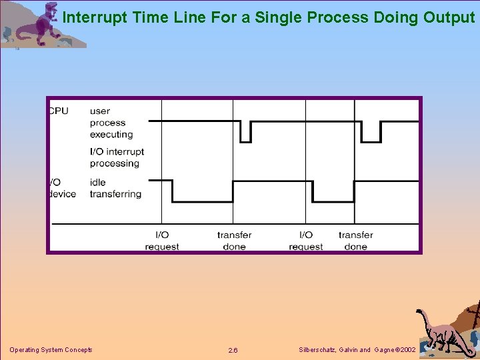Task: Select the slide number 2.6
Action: coord(233,351)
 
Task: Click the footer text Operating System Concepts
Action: coord(51,350)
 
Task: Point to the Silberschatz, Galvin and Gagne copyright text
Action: coord(358,350)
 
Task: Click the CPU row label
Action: coord(59,111)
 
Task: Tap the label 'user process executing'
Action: coord(107,123)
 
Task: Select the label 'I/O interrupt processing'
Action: coord(117,157)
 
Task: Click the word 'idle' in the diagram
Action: coord(97,182)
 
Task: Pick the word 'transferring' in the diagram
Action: coord(115,194)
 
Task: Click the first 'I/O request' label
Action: coord(162,241)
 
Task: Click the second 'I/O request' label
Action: coord(306,241)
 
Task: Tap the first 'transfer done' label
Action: coord(234,241)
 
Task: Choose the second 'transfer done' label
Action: coord(355,241)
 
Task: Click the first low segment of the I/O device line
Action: coord(202,201)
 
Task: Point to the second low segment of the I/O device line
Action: coord(333,201)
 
